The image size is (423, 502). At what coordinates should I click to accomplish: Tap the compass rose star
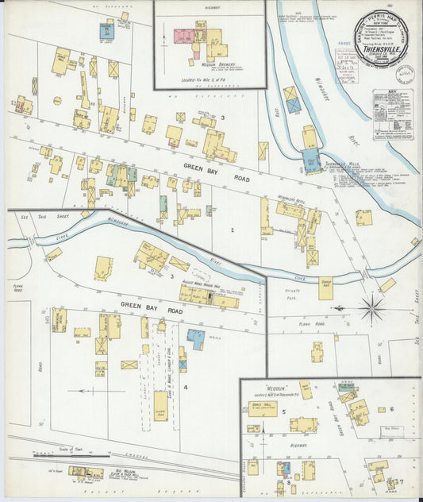(x=371, y=307)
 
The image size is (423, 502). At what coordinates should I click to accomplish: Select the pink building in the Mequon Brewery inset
(x=185, y=37)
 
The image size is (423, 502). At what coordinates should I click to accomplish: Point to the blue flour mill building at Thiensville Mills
(x=312, y=160)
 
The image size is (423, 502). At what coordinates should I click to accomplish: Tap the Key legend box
(x=393, y=114)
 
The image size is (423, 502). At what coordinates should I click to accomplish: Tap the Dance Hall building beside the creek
(x=325, y=288)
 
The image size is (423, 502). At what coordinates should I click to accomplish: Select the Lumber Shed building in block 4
(x=160, y=405)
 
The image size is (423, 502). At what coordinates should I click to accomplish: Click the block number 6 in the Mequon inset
(x=392, y=408)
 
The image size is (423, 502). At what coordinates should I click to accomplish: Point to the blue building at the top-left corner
(x=106, y=32)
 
